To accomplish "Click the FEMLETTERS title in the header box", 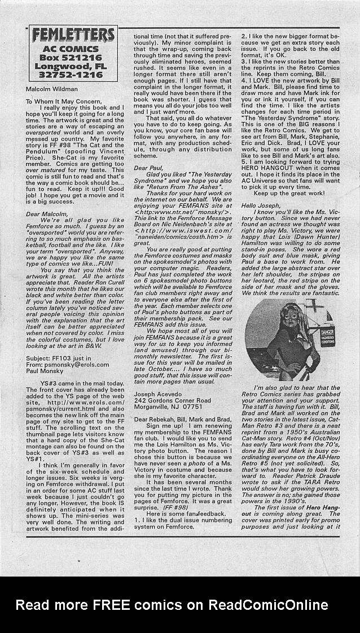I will (73, 36).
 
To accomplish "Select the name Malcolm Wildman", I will (52, 89).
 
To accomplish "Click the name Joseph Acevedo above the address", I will (160, 395).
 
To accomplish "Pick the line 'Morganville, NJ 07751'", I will (168, 407).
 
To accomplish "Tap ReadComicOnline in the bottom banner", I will (267, 605).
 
